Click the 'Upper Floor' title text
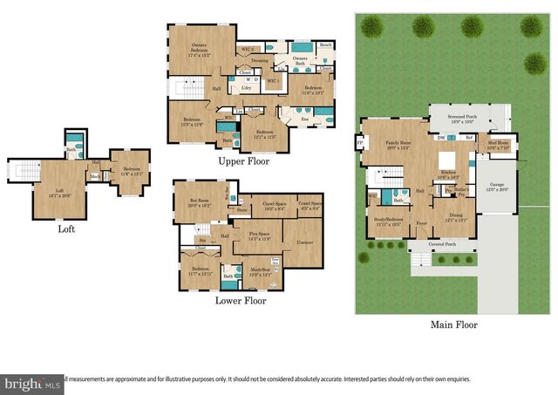click(x=244, y=161)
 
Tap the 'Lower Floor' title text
click(x=241, y=301)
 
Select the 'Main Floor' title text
click(x=453, y=324)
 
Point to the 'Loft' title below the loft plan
click(x=65, y=230)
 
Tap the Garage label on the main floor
click(x=497, y=187)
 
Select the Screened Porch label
click(x=468, y=119)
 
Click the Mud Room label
click(x=499, y=145)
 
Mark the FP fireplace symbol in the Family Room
click(x=359, y=143)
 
